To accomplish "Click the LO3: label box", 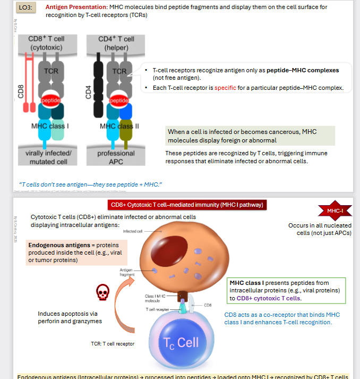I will click(26, 9).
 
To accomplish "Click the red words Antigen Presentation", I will click(76, 7).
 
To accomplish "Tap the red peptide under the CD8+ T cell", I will click(51, 100).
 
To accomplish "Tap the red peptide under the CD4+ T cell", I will click(119, 100).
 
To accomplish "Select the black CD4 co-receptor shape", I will click(97, 86).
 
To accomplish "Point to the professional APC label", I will click(116, 157).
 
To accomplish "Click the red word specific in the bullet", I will click(225, 88).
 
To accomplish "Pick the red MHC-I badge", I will click(335, 211).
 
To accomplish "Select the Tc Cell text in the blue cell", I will click(181, 343).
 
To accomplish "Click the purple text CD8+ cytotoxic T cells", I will click(269, 298).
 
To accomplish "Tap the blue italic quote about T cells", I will click(90, 184).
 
